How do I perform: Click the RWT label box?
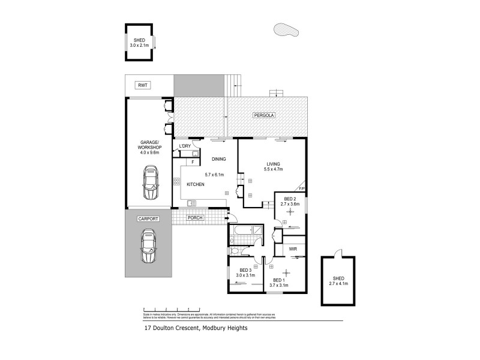click(x=142, y=86)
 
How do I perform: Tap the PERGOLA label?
click(x=263, y=115)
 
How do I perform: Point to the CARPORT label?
click(x=148, y=219)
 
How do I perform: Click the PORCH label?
click(x=195, y=217)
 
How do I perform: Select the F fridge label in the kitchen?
click(x=192, y=161)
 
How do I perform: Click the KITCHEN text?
click(x=196, y=185)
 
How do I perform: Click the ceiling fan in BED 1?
click(x=286, y=271)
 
